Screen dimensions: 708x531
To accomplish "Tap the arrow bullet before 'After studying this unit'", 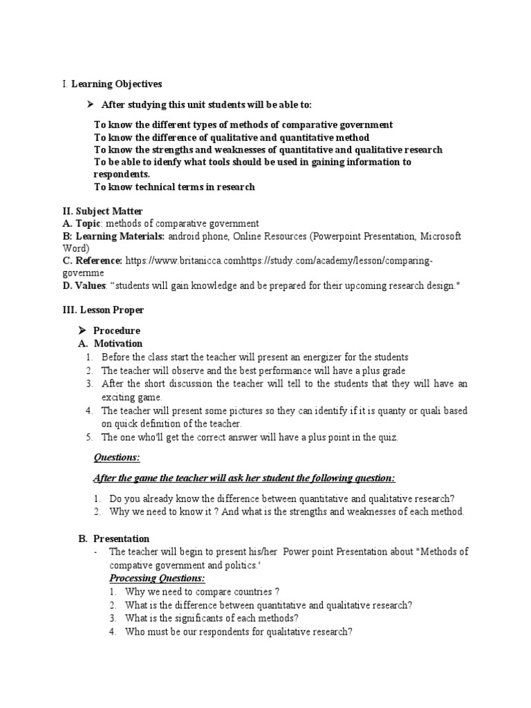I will click(x=89, y=105).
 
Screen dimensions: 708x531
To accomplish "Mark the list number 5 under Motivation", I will click(x=89, y=437).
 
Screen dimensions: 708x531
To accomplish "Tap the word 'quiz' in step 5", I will click(x=386, y=437).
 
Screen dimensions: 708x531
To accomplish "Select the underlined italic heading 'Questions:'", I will click(x=116, y=458).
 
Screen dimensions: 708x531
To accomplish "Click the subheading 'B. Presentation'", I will click(x=113, y=539).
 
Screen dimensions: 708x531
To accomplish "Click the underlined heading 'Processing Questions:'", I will click(x=157, y=578).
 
